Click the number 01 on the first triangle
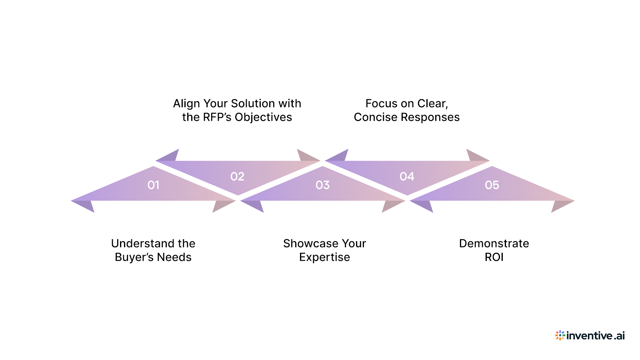153,185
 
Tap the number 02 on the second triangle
237,176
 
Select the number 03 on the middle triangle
322,185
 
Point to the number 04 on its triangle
407,176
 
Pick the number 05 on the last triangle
492,185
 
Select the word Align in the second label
186,104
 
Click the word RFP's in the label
218,117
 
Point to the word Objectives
263,117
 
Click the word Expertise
324,257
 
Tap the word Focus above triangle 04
381,104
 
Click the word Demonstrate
494,243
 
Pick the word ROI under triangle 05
494,257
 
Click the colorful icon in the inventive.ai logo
560,335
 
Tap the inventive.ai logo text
595,336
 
